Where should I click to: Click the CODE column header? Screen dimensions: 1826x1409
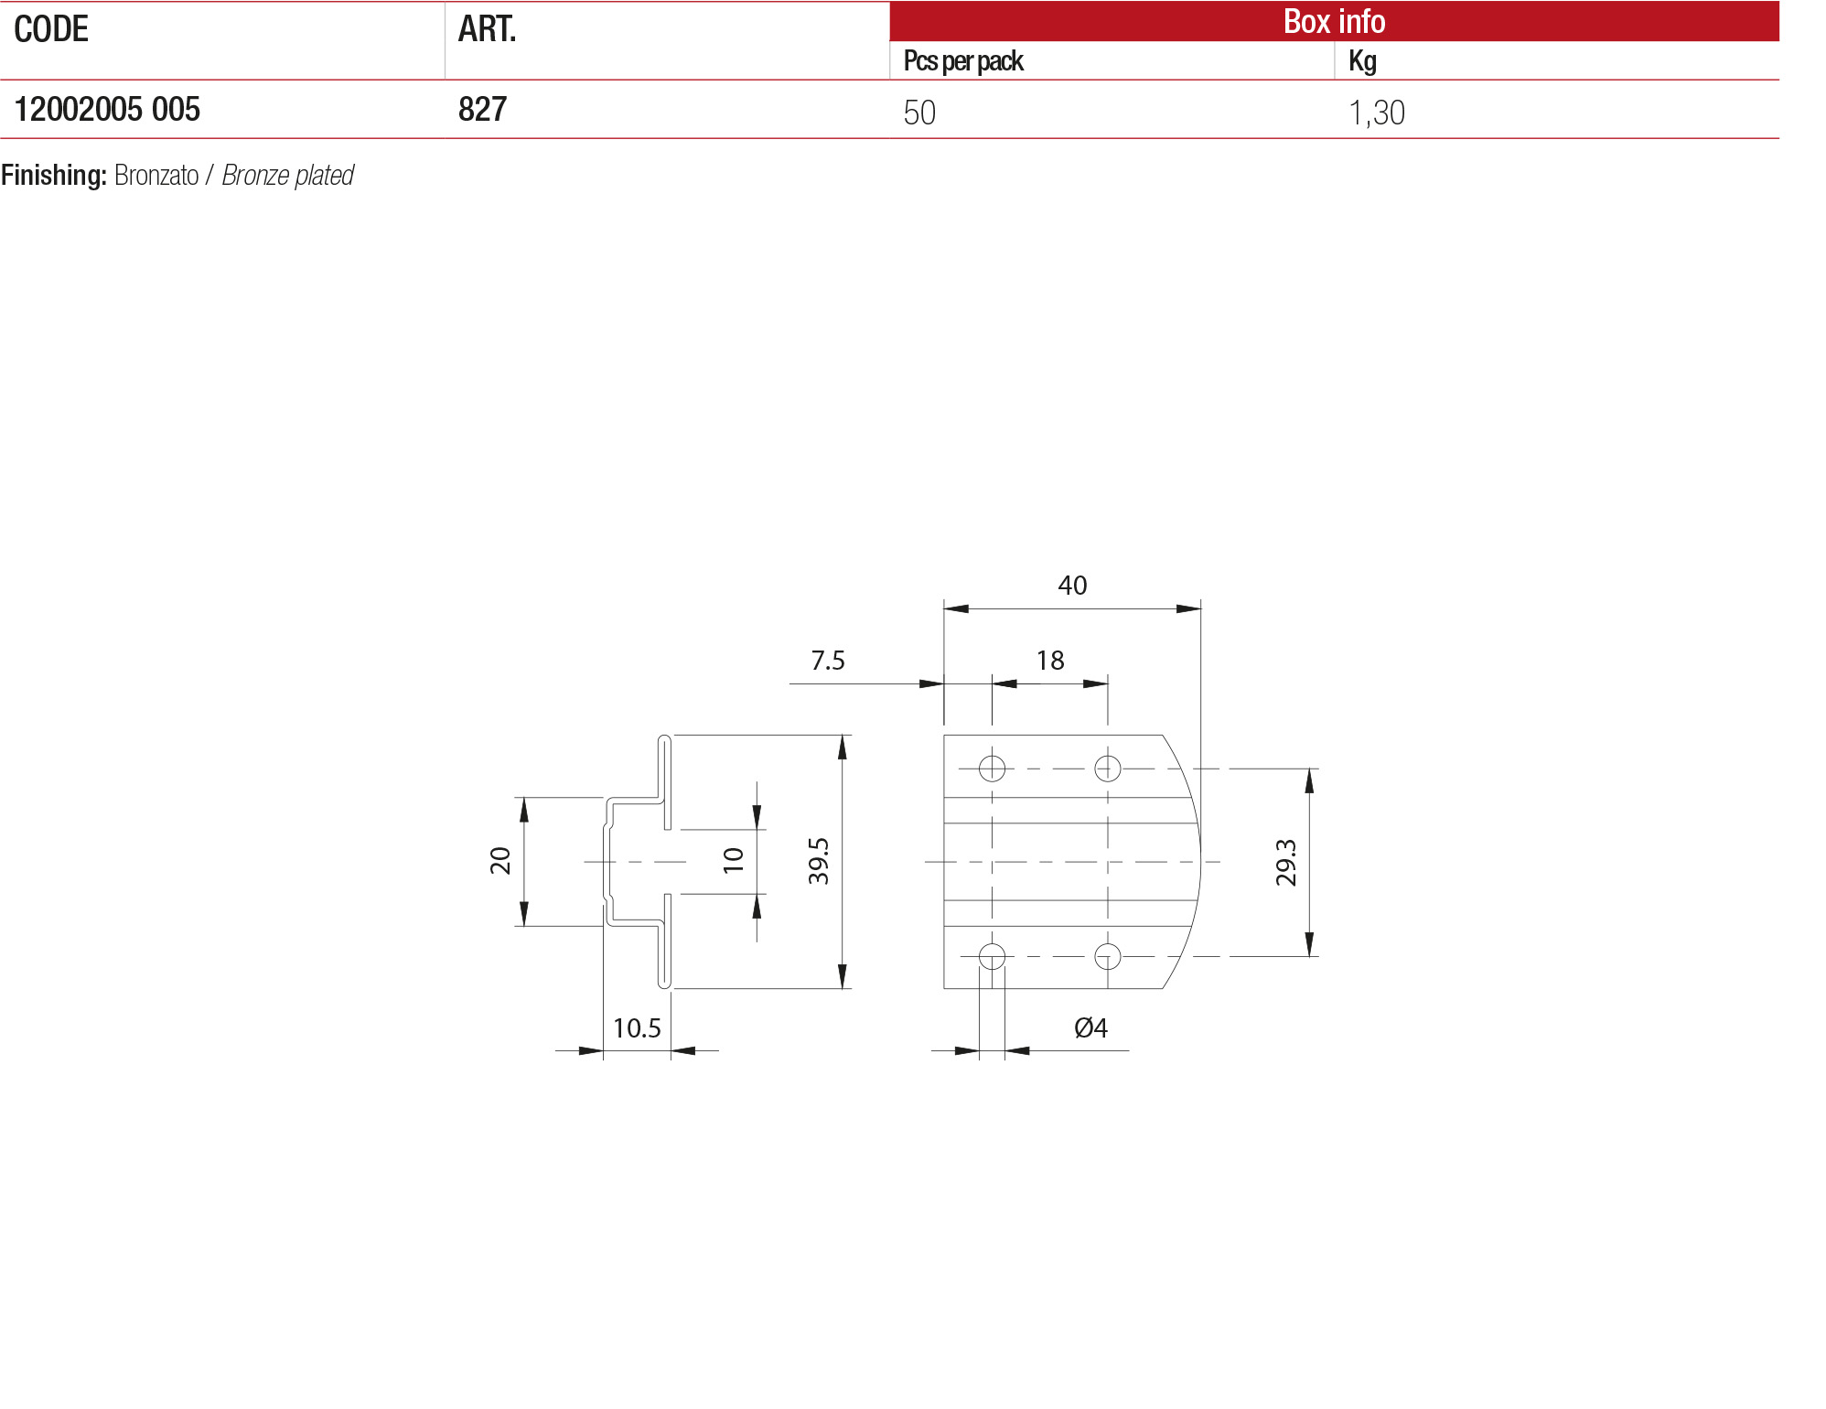pyautogui.click(x=51, y=29)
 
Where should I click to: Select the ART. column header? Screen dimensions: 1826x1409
pyautogui.click(x=487, y=29)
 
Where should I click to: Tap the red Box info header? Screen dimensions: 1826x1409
pyautogui.click(x=1334, y=21)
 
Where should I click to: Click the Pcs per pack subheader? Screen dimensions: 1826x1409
pyautogui.click(x=963, y=61)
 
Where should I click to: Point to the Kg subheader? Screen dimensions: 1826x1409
pyautogui.click(x=1362, y=61)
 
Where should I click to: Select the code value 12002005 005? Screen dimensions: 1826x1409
pyautogui.click(x=107, y=110)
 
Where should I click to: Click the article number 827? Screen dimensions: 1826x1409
pyautogui.click(x=482, y=110)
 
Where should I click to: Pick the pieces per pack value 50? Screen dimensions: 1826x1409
pyautogui.click(x=919, y=113)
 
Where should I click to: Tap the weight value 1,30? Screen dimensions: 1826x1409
pyautogui.click(x=1376, y=113)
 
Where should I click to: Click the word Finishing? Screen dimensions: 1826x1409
pyautogui.click(x=54, y=175)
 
